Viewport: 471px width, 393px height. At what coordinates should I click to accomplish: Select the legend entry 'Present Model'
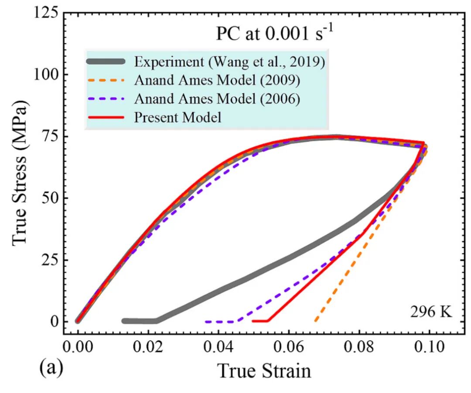point(177,117)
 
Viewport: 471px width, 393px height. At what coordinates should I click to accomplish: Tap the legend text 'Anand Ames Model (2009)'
point(217,80)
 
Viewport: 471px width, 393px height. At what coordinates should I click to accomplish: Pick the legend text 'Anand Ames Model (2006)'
point(217,99)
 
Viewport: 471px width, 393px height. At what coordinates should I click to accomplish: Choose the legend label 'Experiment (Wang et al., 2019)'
point(229,62)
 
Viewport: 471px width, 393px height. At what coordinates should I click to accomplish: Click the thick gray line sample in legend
point(106,61)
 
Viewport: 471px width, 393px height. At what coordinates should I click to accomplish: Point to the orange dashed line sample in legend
point(106,80)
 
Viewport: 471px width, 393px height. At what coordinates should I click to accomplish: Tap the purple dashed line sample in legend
point(106,99)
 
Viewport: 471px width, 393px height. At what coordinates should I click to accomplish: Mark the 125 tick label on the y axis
point(46,13)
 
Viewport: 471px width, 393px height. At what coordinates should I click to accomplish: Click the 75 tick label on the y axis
point(50,136)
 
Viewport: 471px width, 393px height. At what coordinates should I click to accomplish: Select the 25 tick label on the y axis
point(50,260)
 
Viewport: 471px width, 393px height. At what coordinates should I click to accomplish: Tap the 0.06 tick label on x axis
point(289,347)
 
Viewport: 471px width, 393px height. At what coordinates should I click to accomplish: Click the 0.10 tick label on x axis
point(429,347)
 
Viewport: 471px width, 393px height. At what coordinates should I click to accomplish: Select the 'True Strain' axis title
point(264,371)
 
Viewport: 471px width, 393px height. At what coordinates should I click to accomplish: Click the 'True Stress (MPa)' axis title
point(20,173)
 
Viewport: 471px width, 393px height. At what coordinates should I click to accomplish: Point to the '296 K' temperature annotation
point(431,312)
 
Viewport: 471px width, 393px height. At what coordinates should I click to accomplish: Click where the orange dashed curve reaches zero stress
point(315,321)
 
